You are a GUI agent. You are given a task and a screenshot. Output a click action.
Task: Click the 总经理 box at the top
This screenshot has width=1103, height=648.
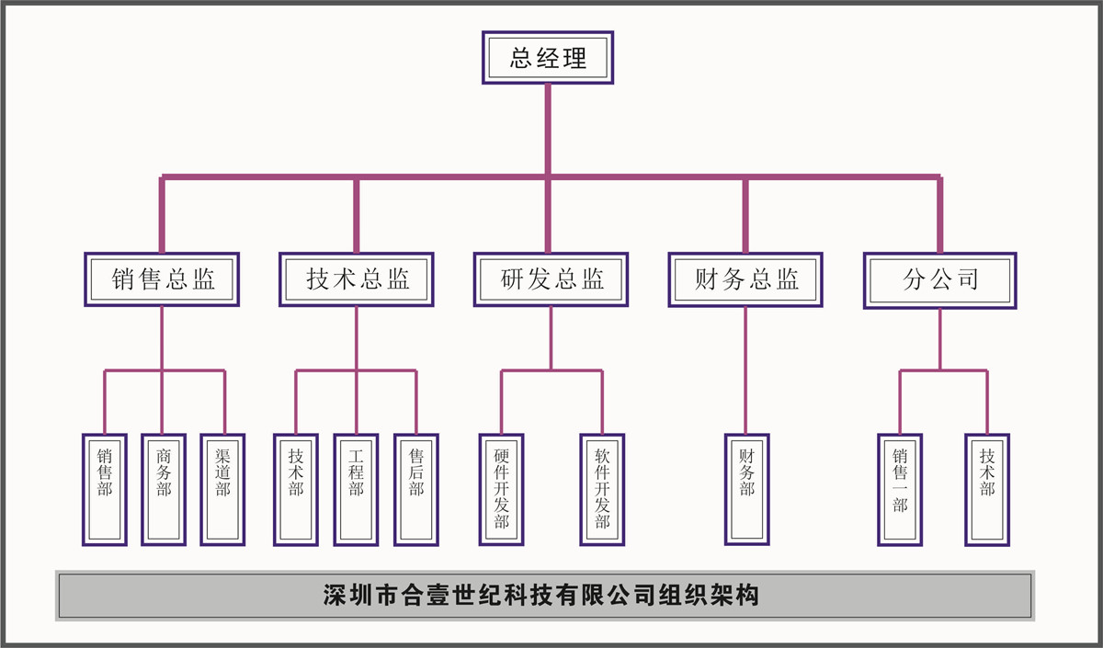tap(548, 59)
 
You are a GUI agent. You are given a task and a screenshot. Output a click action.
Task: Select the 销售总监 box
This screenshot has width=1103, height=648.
tap(162, 279)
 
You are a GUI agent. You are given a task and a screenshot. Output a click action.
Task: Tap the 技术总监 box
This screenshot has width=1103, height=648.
tap(357, 279)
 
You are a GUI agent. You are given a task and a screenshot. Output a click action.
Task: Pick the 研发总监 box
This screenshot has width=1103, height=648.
tap(551, 279)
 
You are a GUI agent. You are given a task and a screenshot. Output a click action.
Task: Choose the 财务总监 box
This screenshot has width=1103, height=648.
tap(745, 279)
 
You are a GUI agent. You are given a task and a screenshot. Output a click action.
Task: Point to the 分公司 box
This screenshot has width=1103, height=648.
tap(939, 279)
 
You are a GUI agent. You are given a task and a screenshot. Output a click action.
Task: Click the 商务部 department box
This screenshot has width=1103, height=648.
tap(164, 490)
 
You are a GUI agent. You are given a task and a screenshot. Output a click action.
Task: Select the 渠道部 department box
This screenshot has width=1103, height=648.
tap(222, 490)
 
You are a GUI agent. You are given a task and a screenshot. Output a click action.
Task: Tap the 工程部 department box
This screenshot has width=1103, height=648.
tap(356, 490)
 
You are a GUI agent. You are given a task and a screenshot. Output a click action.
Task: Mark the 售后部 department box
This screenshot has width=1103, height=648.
tap(415, 490)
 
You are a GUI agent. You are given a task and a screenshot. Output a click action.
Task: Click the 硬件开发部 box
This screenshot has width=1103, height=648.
tap(502, 490)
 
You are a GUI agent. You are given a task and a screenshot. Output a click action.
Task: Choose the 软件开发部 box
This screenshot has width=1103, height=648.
tap(602, 490)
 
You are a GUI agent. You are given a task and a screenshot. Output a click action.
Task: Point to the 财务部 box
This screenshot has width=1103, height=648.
tap(746, 490)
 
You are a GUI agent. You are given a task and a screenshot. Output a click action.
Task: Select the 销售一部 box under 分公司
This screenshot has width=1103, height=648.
tap(900, 490)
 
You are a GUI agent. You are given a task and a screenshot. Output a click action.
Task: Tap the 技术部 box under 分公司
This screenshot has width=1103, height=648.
tap(987, 490)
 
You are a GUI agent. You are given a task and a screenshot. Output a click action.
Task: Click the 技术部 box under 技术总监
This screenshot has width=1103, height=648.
tap(296, 490)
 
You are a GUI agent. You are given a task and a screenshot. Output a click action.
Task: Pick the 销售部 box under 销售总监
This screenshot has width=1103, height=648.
tap(105, 490)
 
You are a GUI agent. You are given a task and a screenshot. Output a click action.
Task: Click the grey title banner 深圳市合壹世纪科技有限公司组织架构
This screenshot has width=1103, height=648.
tap(544, 596)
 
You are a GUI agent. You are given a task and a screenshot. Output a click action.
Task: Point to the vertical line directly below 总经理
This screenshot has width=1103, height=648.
tap(548, 129)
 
